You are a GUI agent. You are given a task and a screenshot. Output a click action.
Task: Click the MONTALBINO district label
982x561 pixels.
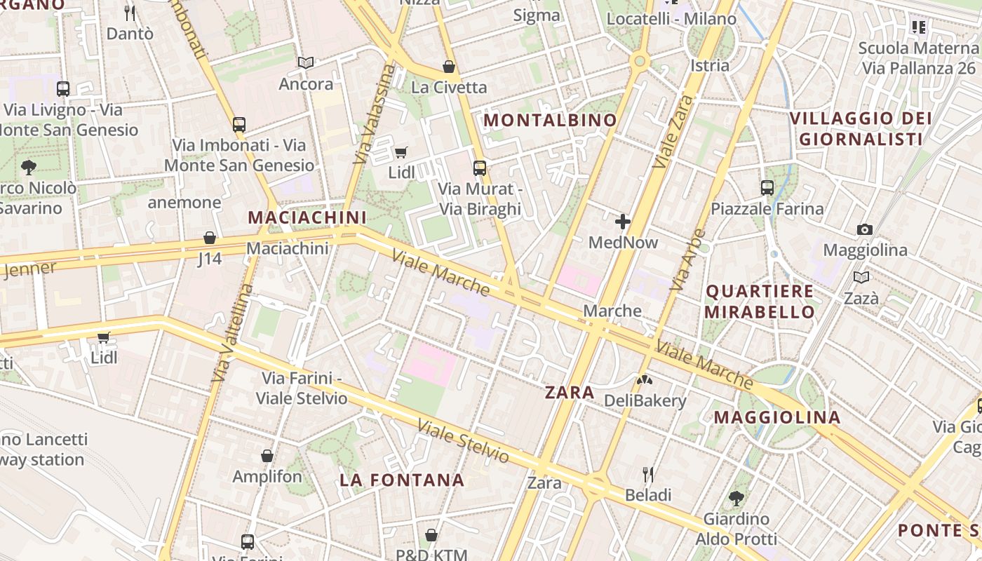551,121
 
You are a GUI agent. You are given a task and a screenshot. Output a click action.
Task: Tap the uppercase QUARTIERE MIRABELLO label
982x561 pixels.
760,302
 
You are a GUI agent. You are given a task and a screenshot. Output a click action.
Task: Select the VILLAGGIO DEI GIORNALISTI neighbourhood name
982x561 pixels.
861,128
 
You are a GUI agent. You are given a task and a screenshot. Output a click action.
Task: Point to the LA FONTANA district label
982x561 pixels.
402,480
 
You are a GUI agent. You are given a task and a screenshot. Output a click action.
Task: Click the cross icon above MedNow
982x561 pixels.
622,222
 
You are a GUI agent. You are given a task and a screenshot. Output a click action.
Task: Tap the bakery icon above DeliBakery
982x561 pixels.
644,380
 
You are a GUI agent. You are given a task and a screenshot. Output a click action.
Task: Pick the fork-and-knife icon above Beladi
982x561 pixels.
648,475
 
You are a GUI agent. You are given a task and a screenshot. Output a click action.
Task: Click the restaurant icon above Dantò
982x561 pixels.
130,13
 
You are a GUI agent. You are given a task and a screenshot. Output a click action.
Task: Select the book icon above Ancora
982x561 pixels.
306,63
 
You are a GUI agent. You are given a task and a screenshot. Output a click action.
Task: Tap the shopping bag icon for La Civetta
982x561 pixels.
449,67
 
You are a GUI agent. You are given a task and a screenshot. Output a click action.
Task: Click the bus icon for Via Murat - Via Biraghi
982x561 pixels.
480,168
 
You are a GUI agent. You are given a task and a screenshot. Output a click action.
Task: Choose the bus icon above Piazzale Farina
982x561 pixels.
767,188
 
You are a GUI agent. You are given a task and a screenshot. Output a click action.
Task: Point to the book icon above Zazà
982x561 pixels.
861,277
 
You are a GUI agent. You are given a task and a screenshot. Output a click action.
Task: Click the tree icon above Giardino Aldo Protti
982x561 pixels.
736,499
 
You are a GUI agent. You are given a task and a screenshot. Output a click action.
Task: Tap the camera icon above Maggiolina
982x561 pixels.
865,229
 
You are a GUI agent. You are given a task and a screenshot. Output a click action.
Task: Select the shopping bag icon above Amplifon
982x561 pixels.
267,456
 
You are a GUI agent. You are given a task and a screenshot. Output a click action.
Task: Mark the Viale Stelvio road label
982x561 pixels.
463,441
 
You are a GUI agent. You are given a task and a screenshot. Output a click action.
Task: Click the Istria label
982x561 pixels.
710,65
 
